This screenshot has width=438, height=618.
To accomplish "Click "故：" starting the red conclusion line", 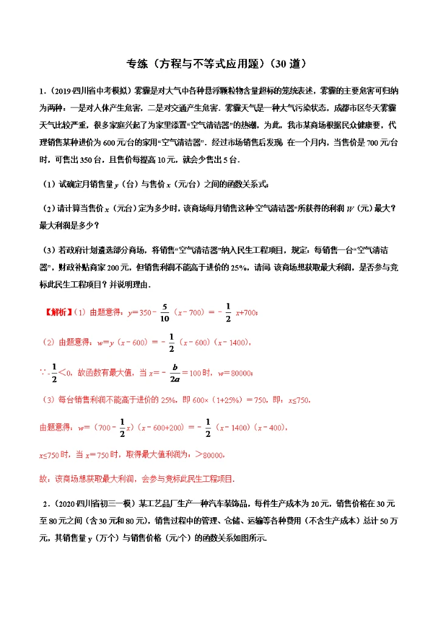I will (45, 479).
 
